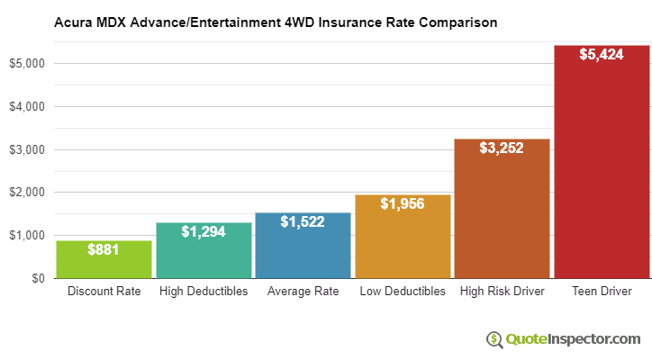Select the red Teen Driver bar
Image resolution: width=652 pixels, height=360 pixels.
[x=602, y=162]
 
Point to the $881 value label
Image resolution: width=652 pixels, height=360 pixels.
[x=104, y=249]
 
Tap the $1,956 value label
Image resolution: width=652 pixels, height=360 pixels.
[x=403, y=204]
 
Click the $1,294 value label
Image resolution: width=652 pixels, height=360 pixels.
[x=204, y=232]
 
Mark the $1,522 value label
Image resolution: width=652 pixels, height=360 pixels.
[x=303, y=221]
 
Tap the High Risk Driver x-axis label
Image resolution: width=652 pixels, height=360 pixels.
[x=502, y=292]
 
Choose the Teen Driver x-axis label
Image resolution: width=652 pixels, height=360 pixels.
[x=602, y=292]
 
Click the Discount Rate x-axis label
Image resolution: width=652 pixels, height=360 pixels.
[x=104, y=292]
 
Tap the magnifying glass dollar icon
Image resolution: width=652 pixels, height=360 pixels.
[x=494, y=339]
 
